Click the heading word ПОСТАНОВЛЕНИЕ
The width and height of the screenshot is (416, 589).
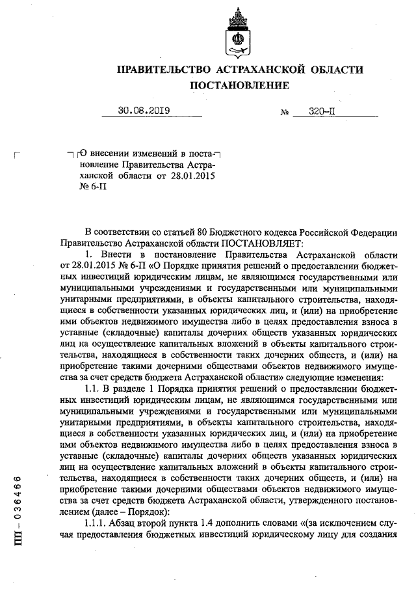click(x=239, y=85)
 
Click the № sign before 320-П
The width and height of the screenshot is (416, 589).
click(x=284, y=112)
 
